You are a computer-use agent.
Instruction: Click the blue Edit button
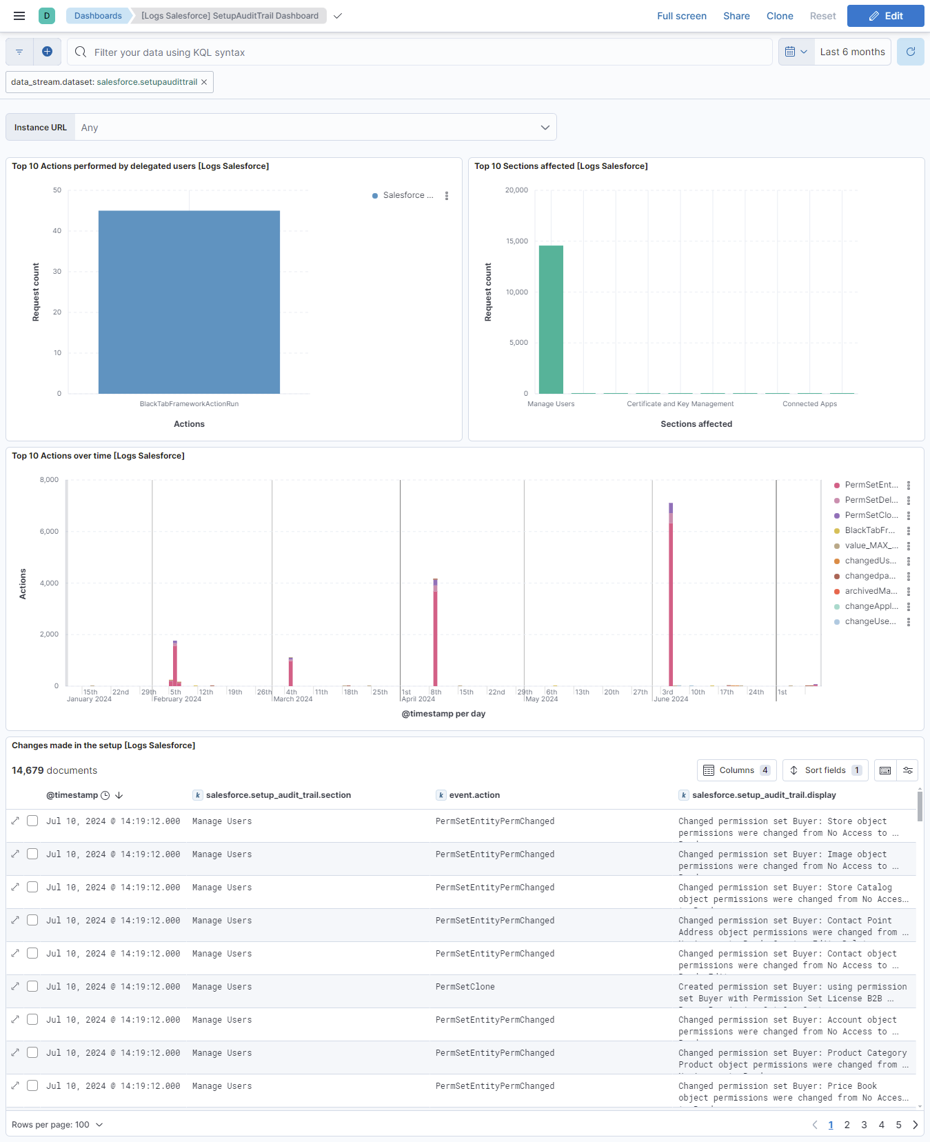click(x=885, y=16)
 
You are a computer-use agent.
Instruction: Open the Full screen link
click(x=681, y=16)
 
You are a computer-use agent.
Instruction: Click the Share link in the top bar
click(x=736, y=16)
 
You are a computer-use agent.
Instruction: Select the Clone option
click(x=780, y=16)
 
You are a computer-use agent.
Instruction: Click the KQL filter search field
click(x=427, y=52)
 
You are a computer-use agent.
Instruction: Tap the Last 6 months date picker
click(x=852, y=52)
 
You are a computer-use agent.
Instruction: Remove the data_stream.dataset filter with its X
click(x=204, y=82)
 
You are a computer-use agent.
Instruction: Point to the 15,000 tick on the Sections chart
click(x=517, y=241)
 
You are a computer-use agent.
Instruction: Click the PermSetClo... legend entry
click(x=871, y=515)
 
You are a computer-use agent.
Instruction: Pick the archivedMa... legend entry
click(x=871, y=591)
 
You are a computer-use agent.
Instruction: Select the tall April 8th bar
click(x=435, y=634)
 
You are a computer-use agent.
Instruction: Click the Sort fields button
click(x=825, y=770)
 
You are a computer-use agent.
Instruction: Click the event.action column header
click(x=474, y=795)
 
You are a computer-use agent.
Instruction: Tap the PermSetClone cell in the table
click(x=465, y=987)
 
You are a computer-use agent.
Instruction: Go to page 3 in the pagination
click(x=864, y=1125)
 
